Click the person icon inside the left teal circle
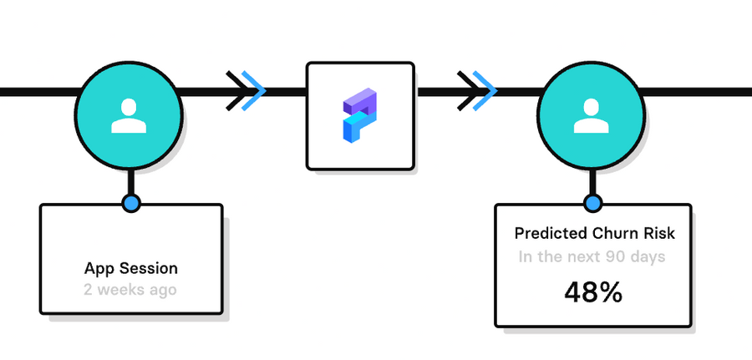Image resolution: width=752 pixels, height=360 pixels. click(130, 116)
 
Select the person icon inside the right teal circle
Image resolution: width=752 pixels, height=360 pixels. click(592, 116)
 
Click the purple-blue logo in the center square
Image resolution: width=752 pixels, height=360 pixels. click(360, 114)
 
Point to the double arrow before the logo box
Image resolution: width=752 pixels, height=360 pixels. click(247, 90)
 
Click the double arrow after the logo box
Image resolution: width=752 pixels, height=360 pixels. click(478, 90)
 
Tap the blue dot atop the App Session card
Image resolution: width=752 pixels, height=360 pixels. click(130, 203)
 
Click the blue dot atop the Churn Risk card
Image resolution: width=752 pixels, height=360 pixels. click(592, 202)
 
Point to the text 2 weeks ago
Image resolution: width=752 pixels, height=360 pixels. click(130, 290)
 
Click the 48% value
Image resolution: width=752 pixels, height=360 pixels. click(592, 292)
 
